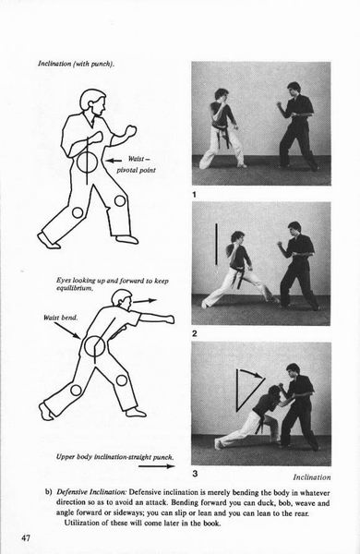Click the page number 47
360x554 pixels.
[x=26, y=538]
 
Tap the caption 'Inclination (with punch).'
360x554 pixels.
[x=76, y=64]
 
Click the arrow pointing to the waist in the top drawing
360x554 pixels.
[x=114, y=161]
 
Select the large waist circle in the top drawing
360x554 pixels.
[x=88, y=162]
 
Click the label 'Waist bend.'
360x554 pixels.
[x=60, y=318]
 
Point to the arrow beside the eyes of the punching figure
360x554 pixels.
[x=145, y=301]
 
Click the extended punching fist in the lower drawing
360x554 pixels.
[x=168, y=319]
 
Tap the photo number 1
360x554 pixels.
[x=194, y=194]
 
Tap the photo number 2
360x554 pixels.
[x=195, y=333]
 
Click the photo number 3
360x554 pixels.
[x=195, y=474]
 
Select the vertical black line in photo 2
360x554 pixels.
[x=216, y=244]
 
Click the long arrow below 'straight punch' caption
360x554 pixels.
[x=157, y=466]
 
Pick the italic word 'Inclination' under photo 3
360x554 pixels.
[x=312, y=477]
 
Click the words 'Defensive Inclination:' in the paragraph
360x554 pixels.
[x=91, y=492]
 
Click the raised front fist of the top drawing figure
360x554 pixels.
[x=130, y=131]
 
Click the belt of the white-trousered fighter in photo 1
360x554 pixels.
[x=222, y=134]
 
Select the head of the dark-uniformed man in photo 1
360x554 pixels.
[x=294, y=90]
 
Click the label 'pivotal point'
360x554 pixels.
[x=136, y=170]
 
